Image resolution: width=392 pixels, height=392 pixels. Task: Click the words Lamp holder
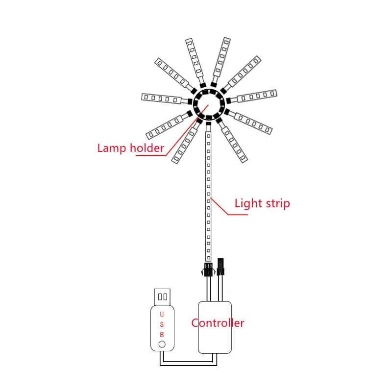pyautogui.click(x=130, y=147)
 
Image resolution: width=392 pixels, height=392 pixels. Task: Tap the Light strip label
pyautogui.click(x=262, y=203)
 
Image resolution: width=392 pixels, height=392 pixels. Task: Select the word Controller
pyautogui.click(x=218, y=322)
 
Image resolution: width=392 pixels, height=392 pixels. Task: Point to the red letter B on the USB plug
pyautogui.click(x=162, y=334)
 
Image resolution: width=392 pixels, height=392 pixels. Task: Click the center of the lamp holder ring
pyautogui.click(x=208, y=104)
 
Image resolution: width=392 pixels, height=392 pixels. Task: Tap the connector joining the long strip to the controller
pyautogui.click(x=208, y=269)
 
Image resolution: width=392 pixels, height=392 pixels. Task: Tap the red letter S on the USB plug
pyautogui.click(x=162, y=324)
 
